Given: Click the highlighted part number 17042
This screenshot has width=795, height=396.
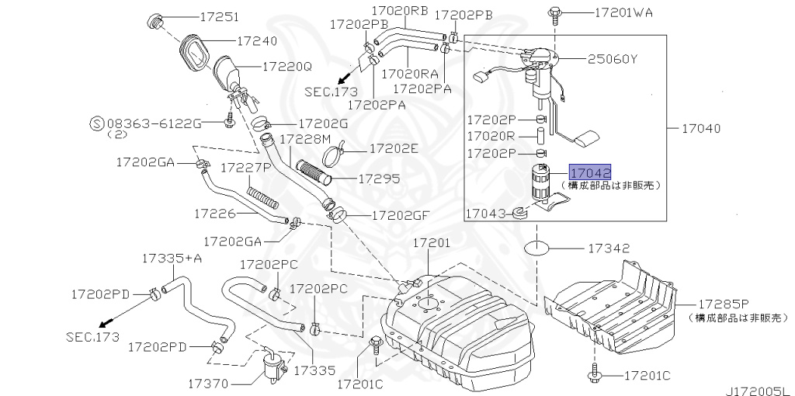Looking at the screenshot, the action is (590, 172).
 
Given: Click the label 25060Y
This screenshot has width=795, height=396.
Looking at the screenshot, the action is (612, 59).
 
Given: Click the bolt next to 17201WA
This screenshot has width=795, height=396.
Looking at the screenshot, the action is (554, 13).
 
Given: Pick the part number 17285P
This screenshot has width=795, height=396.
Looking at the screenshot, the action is (723, 304).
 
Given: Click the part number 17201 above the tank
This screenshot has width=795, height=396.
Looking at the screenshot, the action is (431, 243).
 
